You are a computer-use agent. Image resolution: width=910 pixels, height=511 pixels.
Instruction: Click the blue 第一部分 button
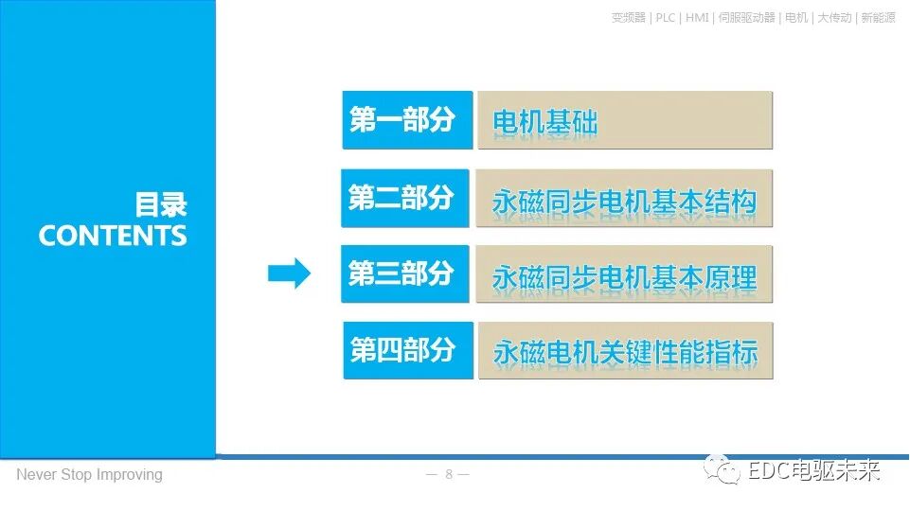407,120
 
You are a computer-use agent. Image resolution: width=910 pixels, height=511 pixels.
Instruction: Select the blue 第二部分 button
405,199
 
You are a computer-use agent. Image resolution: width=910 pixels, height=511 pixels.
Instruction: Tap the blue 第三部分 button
405,274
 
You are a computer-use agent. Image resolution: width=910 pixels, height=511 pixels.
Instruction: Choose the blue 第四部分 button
407,350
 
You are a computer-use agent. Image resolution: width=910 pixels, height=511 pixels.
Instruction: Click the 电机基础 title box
625,121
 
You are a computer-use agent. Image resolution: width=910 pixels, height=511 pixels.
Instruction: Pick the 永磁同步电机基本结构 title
625,200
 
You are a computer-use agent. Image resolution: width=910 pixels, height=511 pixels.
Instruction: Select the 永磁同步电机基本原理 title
625,275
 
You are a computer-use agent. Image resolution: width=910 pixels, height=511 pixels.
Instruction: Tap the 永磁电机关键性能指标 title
625,351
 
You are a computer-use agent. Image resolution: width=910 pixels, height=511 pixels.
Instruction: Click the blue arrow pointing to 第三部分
289,273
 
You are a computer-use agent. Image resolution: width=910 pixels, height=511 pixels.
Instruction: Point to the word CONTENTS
113,236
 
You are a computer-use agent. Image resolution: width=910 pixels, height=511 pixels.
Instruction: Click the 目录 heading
161,205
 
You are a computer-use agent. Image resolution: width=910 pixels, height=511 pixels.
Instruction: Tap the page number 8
449,474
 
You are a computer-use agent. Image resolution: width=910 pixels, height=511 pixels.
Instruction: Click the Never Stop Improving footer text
89,474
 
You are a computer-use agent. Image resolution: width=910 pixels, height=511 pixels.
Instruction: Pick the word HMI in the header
697,17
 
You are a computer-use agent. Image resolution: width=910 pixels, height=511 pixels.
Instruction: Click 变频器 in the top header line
629,17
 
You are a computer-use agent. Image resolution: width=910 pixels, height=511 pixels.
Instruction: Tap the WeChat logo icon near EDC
727,470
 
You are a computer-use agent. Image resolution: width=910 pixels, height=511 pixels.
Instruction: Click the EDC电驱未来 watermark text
813,470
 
